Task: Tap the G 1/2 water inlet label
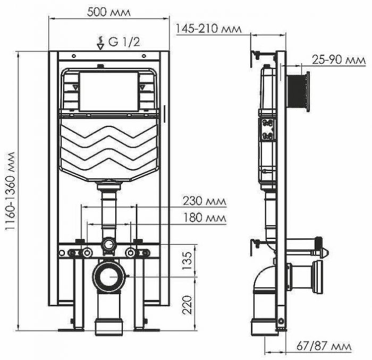(x=124, y=43)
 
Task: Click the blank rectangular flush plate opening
(x=109, y=91)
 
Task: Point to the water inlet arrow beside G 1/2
(x=100, y=43)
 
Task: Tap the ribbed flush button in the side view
(x=298, y=92)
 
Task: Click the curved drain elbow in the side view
(x=261, y=284)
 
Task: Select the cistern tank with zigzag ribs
(x=109, y=149)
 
